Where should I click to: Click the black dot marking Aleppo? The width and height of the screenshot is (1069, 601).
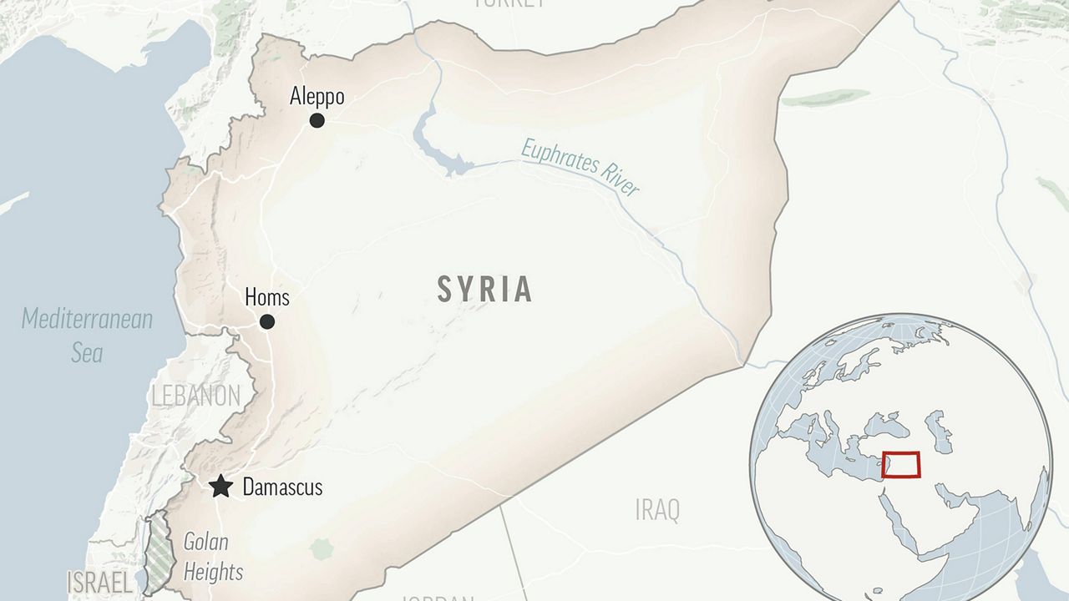click(x=317, y=120)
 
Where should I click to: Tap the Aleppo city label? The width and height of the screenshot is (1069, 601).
click(x=317, y=97)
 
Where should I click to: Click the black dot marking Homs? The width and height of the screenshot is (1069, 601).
click(x=266, y=321)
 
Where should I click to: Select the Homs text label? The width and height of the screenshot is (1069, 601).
click(x=266, y=296)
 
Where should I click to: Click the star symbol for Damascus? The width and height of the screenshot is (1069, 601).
click(x=220, y=487)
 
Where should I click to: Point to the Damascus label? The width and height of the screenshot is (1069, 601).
click(x=282, y=487)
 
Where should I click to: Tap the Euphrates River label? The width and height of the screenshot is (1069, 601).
click(x=580, y=168)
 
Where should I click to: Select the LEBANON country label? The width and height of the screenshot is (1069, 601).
click(x=195, y=396)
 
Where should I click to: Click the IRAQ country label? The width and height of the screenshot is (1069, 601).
click(x=657, y=509)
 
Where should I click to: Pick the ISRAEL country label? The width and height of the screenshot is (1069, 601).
click(x=99, y=581)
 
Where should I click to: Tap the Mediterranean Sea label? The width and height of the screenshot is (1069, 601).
click(x=87, y=335)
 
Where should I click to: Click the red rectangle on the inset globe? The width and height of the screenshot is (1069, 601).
click(x=900, y=464)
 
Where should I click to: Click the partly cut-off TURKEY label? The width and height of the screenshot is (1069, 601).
click(x=509, y=3)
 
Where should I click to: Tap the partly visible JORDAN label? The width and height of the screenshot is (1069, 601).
click(x=438, y=597)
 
